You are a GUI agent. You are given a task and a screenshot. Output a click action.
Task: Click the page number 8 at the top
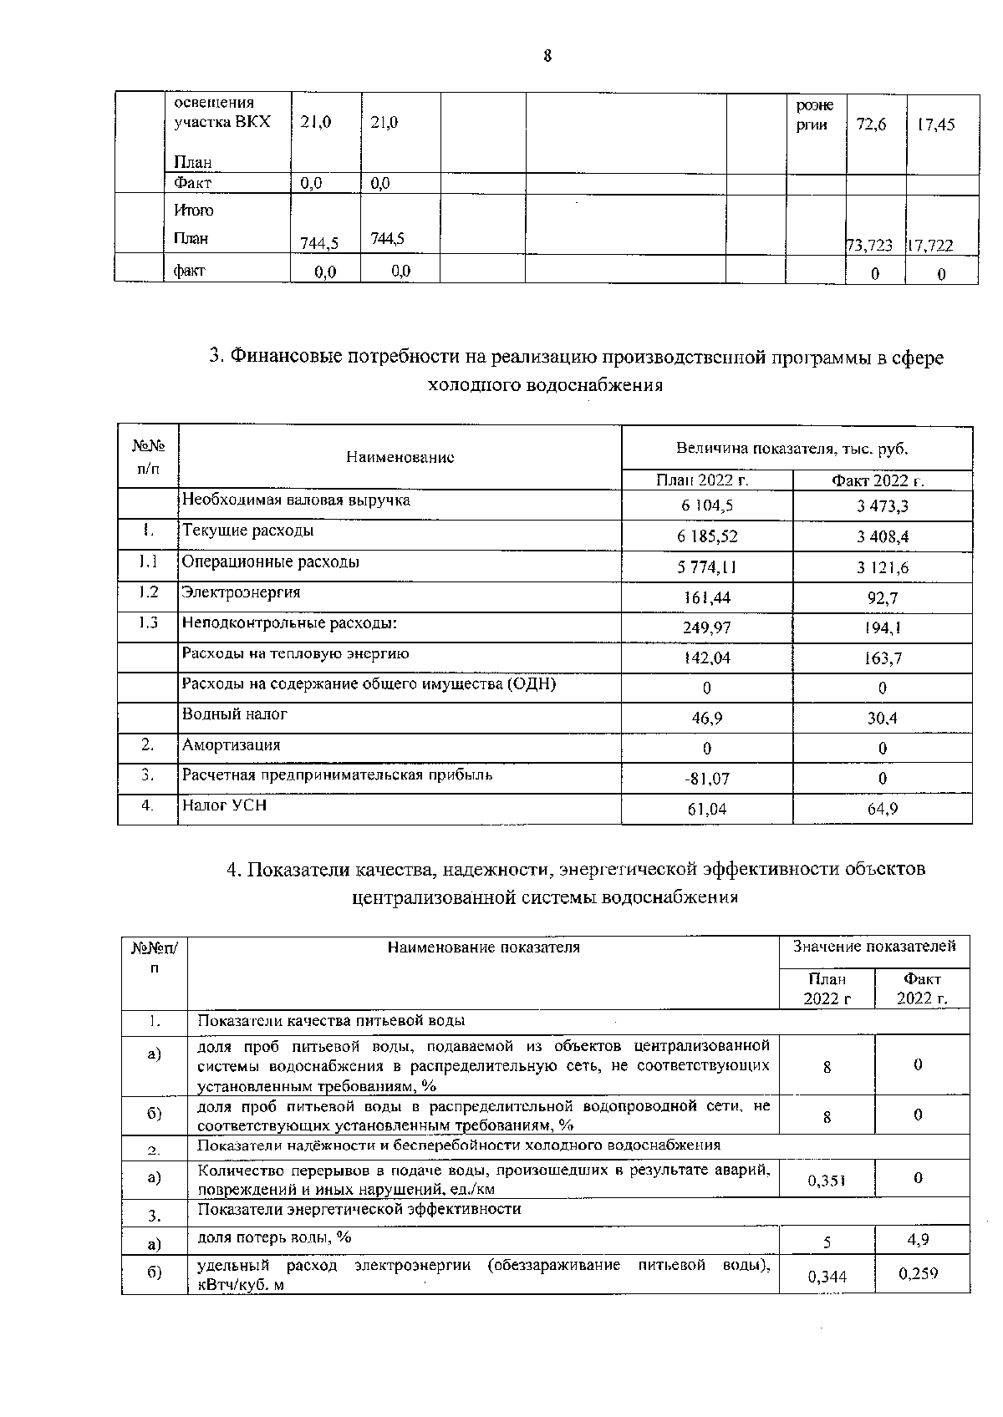547,57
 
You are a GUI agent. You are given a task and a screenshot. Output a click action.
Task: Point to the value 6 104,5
707,506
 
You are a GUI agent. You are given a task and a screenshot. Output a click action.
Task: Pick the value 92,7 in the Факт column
883,598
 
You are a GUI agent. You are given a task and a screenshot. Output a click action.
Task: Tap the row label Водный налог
234,714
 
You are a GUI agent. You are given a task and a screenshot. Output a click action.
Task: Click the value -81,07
707,779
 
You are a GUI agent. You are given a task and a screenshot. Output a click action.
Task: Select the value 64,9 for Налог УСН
883,809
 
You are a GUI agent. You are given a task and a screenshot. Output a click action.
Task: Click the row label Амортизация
231,744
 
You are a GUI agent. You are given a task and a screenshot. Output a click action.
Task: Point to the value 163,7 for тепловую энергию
883,658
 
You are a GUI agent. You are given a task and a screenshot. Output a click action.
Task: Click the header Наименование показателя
483,947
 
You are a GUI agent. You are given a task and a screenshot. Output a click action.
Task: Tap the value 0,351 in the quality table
827,1180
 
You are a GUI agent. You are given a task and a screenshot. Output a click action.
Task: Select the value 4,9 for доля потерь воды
918,1241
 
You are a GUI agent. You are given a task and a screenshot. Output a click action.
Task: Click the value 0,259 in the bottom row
918,1274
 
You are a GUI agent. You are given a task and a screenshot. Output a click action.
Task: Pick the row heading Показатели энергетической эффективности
359,1209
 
